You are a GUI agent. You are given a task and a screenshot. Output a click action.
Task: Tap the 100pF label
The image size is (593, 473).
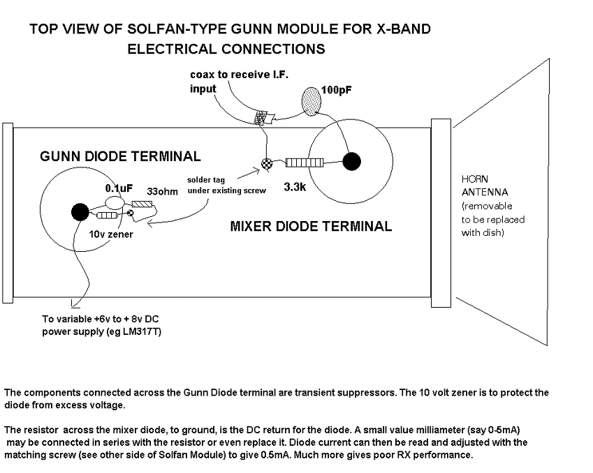point(337,90)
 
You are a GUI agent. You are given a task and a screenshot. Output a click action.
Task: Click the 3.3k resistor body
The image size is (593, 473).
point(305,163)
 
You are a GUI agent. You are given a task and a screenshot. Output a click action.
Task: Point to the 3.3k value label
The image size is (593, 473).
point(296,188)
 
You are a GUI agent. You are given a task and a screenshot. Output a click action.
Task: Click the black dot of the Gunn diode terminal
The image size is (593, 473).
point(79,210)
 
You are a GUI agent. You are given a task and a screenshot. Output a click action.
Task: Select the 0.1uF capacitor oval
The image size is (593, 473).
point(114,202)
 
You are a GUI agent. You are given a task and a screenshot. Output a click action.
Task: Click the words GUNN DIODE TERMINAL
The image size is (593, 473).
point(120,157)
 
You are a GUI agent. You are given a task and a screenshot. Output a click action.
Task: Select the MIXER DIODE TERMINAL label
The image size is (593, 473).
point(311,226)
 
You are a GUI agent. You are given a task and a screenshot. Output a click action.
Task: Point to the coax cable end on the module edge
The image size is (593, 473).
point(265,119)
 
